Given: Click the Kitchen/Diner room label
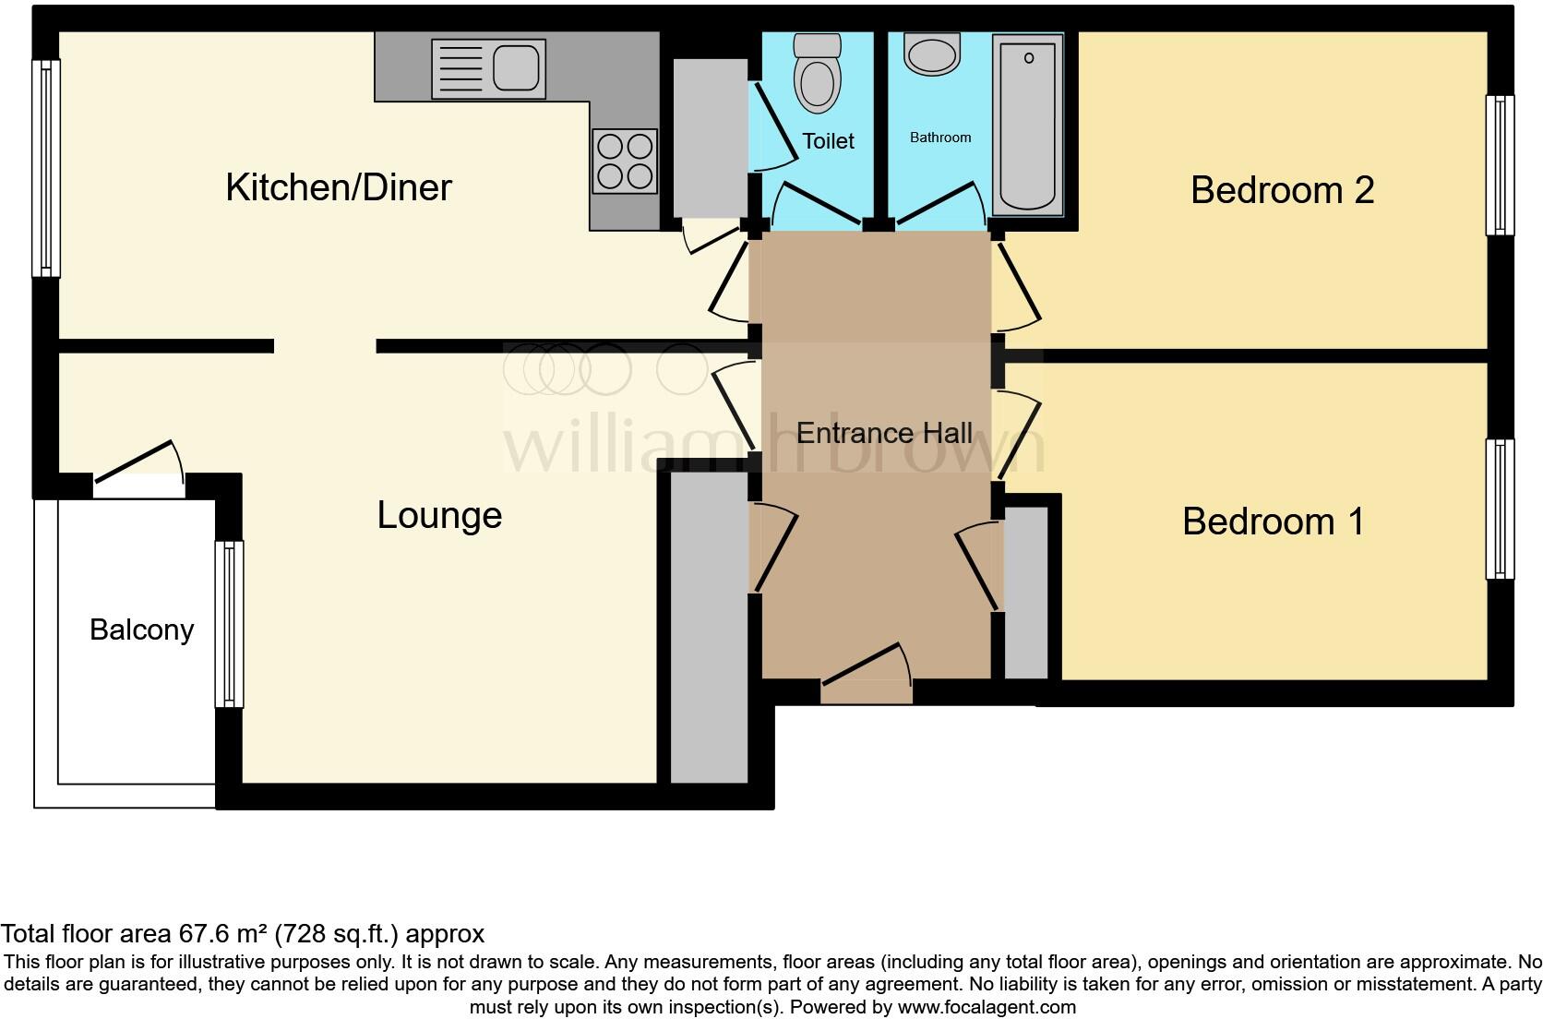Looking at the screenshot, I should (339, 187).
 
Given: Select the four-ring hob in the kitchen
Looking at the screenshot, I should (625, 161).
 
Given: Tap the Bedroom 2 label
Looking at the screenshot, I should (1282, 190).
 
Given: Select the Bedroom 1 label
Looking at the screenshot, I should (1273, 521).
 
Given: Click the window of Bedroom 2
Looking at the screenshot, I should (1500, 165).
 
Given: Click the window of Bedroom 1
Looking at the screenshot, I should (1500, 509).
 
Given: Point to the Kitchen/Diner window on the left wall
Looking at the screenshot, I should (45, 168).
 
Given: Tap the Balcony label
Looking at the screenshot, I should (141, 629).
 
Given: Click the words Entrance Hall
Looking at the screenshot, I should (883, 433).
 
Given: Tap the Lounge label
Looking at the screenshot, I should (439, 515).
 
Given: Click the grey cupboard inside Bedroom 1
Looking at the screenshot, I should (1025, 593).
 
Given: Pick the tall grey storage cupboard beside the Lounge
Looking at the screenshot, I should (708, 628).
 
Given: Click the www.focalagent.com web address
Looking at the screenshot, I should (987, 1007).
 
